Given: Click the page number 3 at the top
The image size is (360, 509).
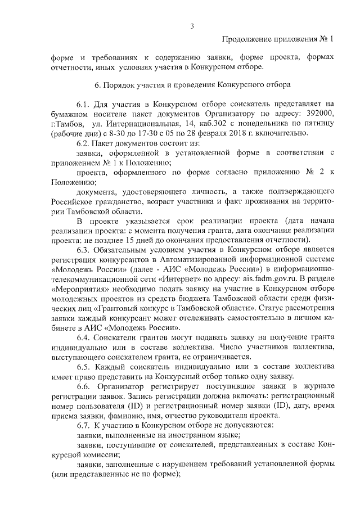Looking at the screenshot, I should tap(192, 25).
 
